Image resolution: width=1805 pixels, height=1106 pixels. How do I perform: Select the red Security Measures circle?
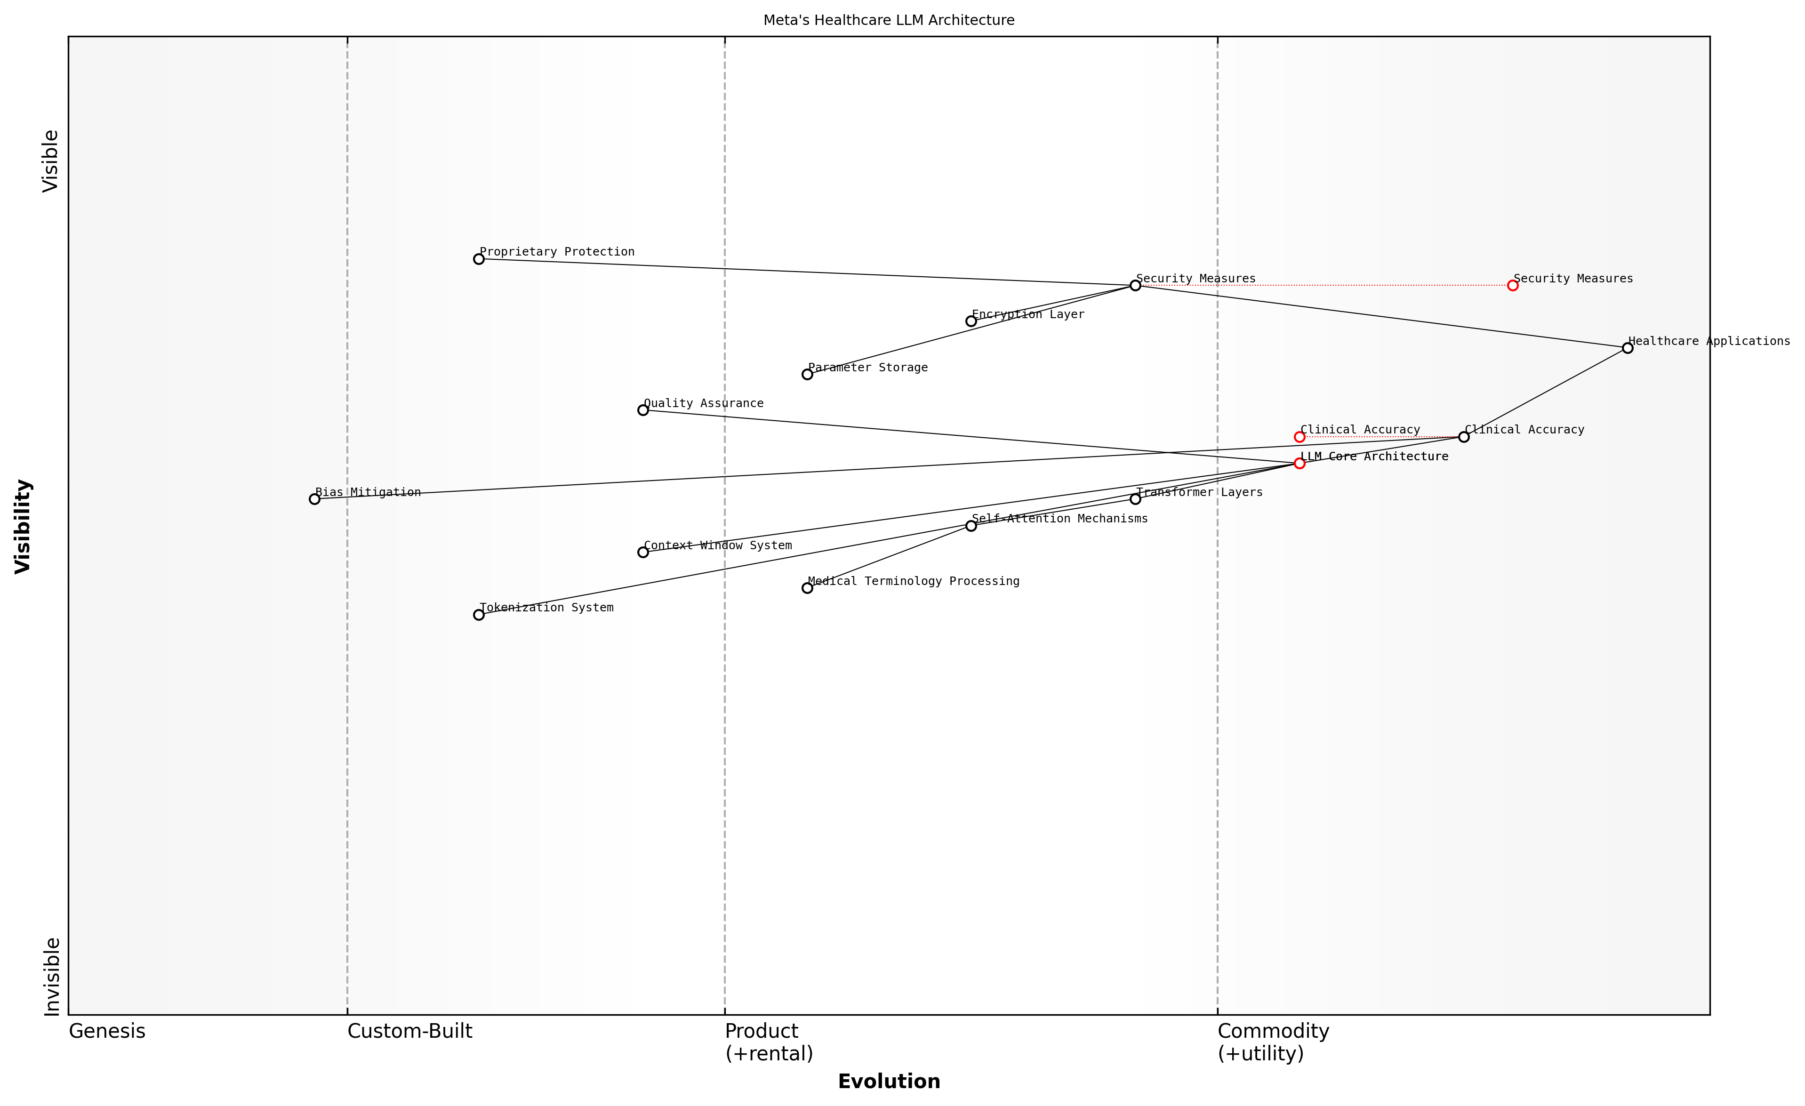point(1513,286)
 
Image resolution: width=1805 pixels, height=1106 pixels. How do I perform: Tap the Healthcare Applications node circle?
point(1628,348)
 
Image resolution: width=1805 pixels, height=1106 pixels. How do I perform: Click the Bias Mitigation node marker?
point(314,499)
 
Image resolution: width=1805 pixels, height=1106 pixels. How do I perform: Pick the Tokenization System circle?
point(478,615)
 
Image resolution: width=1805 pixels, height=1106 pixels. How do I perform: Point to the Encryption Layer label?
point(1028,314)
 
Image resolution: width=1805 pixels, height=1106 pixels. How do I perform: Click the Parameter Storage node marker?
point(807,374)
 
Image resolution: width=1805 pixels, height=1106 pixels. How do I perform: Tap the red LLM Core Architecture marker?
point(1300,463)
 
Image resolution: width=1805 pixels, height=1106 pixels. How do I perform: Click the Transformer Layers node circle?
point(1135,499)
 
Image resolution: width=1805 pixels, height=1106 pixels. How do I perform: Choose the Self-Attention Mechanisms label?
point(1059,519)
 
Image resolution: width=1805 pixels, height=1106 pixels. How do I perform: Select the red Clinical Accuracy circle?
point(1300,437)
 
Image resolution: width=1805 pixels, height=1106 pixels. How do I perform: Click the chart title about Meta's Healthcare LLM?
point(889,21)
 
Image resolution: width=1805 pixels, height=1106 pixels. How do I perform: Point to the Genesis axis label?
point(107,1031)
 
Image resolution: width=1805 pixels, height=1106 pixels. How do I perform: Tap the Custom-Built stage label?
point(409,1031)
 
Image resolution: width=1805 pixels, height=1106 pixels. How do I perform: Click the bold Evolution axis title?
point(889,1082)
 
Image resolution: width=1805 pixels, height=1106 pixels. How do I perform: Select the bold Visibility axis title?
point(24,526)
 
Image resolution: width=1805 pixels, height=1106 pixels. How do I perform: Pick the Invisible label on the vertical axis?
point(51,977)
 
